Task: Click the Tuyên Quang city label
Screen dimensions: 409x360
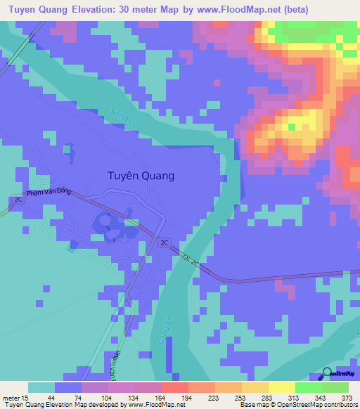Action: click(140, 176)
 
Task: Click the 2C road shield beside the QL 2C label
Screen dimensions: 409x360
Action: click(165, 242)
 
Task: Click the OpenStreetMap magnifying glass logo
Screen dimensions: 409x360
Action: click(327, 374)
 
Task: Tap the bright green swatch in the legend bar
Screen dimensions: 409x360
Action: click(308, 387)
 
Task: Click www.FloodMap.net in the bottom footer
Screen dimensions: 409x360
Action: click(157, 404)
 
